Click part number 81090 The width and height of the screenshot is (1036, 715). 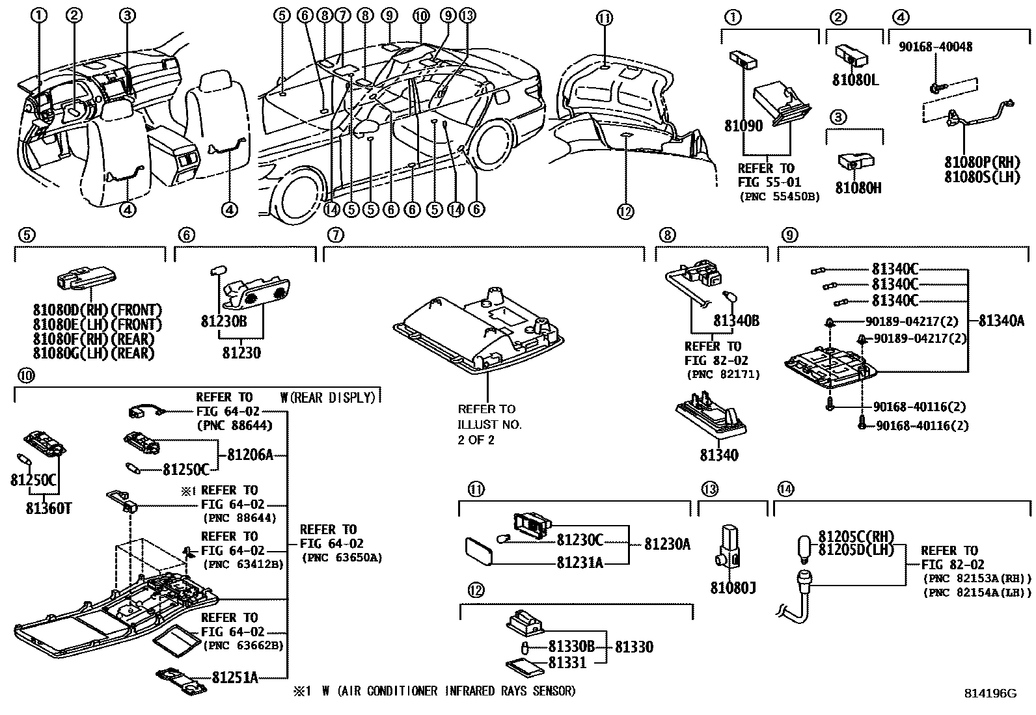pyautogui.click(x=743, y=126)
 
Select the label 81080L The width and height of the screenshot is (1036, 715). pyautogui.click(x=855, y=81)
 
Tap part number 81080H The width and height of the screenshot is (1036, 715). pyautogui.click(x=858, y=188)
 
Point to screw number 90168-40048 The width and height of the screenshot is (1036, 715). pyautogui.click(x=936, y=47)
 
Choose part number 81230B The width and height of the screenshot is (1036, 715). pyautogui.click(x=223, y=321)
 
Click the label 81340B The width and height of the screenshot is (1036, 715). pyautogui.click(x=736, y=321)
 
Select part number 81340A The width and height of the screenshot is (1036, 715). pyautogui.click(x=1001, y=320)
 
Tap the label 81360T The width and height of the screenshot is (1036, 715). pyautogui.click(x=48, y=507)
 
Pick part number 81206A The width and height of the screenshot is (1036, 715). pyautogui.click(x=250, y=455)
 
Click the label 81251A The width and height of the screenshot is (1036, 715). pyautogui.click(x=234, y=678)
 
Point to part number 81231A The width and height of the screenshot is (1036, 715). pyautogui.click(x=579, y=562)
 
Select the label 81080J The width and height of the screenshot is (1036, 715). pyautogui.click(x=733, y=588)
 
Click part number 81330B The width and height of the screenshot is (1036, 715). pyautogui.click(x=571, y=647)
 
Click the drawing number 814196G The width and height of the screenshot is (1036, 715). pyautogui.click(x=989, y=694)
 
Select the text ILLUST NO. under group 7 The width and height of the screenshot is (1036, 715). pyautogui.click(x=489, y=424)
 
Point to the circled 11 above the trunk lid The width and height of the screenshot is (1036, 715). pyautogui.click(x=605, y=19)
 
